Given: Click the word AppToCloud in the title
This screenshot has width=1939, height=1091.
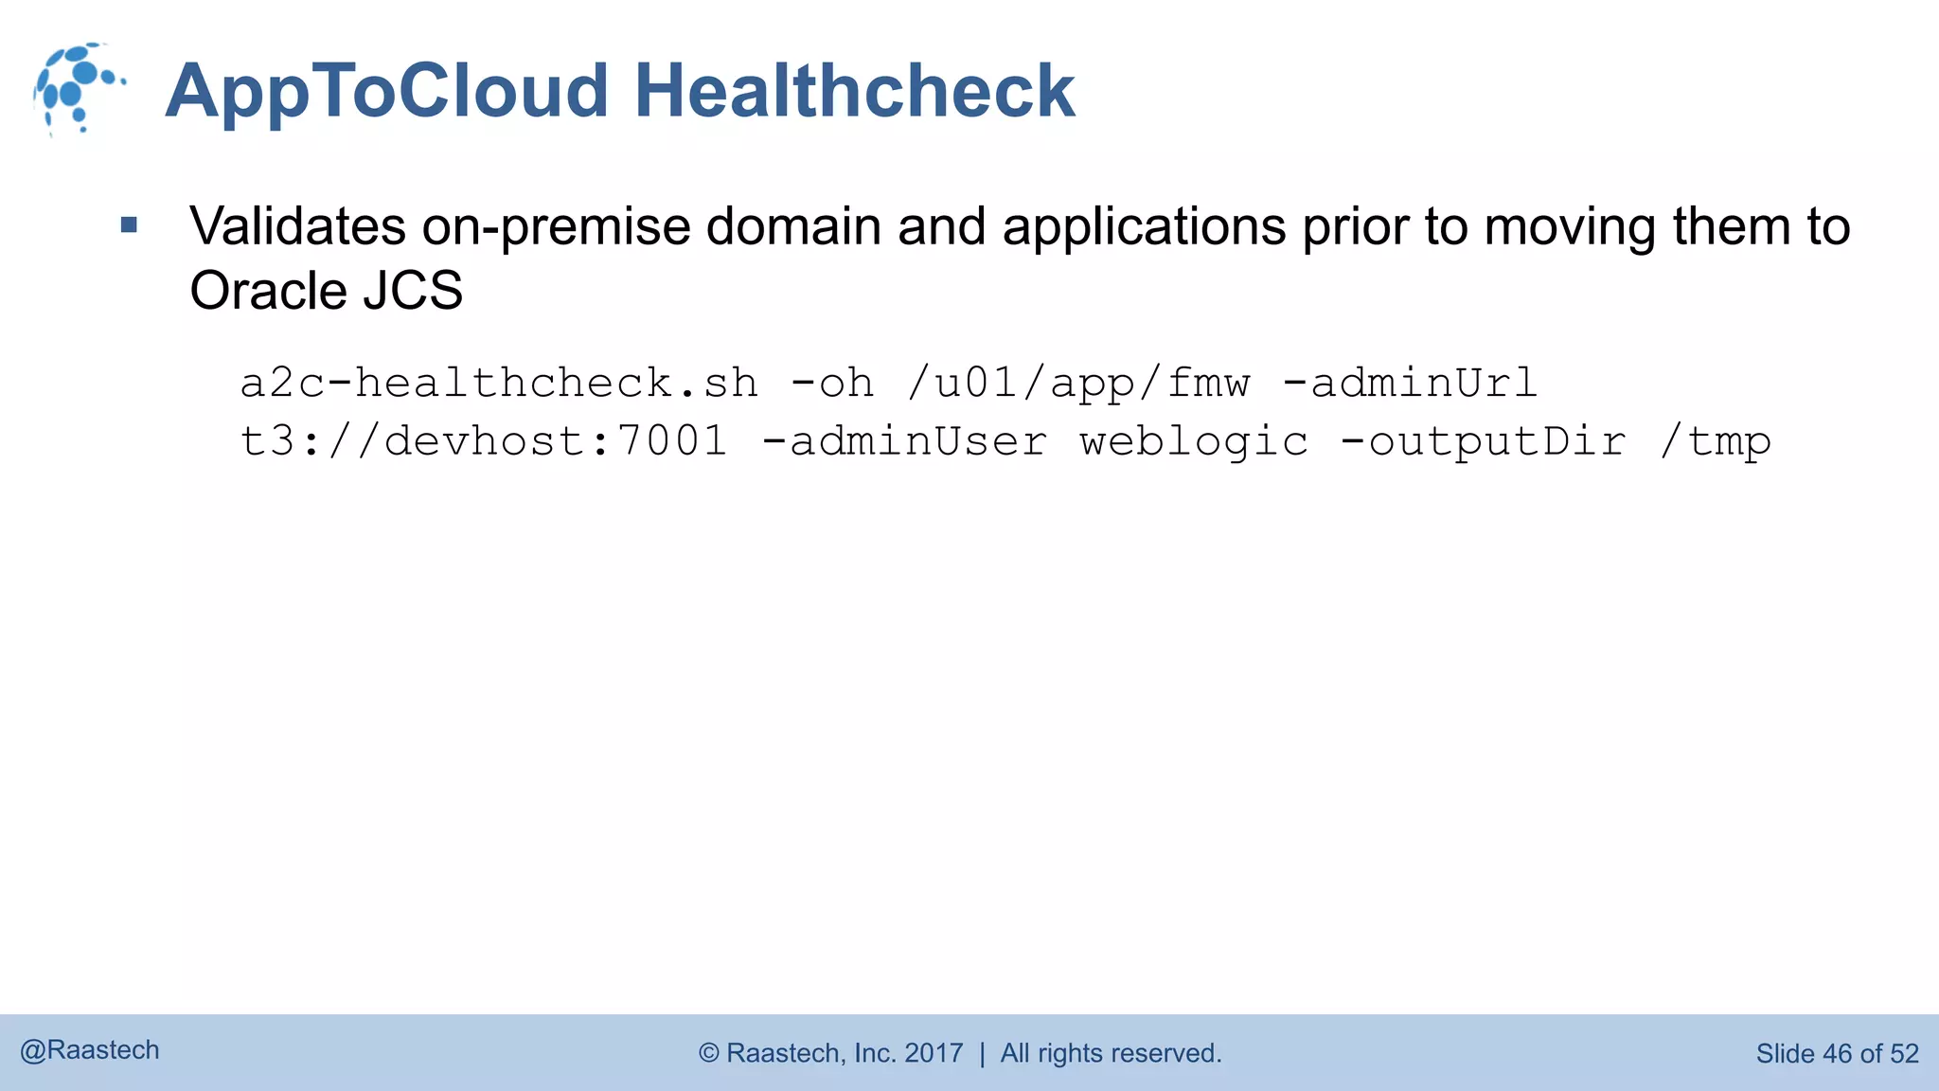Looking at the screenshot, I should pos(386,91).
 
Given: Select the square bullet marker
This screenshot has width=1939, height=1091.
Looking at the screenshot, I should pos(130,225).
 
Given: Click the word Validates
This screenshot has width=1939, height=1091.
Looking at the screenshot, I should pos(297,227).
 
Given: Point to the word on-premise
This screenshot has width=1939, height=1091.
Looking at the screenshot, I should pos(557,227).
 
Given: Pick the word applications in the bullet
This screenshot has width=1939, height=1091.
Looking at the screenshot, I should pos(1144,227).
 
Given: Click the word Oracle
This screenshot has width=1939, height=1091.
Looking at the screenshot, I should pos(269,291).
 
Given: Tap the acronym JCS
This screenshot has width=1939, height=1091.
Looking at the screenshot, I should pos(413,291).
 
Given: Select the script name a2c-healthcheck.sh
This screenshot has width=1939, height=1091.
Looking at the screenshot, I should pos(499,384).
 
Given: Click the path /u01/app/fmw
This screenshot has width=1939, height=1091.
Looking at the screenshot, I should pos(1078,384).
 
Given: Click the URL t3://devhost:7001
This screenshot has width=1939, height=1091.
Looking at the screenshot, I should pos(484,441).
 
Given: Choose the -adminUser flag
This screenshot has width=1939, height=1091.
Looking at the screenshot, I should pos(904,441).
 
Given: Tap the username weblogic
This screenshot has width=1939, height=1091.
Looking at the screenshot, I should pos(1194,441).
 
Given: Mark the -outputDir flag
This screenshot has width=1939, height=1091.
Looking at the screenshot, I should pos(1483,441).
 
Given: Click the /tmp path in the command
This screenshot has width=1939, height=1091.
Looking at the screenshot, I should pos(1715,441).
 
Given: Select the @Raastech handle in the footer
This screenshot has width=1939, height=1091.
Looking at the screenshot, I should pos(90,1050).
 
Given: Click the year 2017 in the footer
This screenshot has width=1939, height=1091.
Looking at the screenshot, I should pos(934,1053).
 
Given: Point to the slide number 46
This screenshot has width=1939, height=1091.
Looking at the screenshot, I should pos(1837,1053).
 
